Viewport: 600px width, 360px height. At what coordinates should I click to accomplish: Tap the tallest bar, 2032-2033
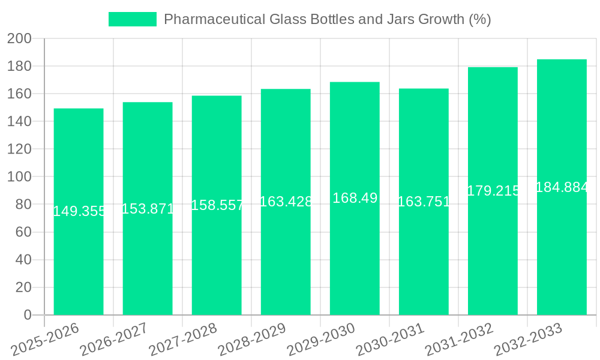562,252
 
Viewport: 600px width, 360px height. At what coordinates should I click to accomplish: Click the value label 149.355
79,211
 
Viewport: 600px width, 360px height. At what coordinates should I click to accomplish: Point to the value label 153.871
148,209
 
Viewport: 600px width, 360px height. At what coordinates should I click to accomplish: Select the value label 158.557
217,205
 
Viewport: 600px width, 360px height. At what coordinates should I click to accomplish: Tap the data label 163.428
286,202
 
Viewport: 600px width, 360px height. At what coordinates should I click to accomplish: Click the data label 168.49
355,198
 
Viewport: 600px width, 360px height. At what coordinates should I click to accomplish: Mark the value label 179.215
493,191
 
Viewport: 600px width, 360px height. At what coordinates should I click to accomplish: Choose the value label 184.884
562,187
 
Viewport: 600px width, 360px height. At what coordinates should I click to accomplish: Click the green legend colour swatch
132,19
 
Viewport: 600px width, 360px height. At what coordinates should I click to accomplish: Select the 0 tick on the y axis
27,315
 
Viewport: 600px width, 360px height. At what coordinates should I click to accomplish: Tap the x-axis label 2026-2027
113,339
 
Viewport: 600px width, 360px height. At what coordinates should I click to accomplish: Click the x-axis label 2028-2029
251,339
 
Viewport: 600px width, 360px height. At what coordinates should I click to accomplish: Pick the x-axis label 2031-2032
458,339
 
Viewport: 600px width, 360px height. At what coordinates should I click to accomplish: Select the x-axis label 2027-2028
182,339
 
